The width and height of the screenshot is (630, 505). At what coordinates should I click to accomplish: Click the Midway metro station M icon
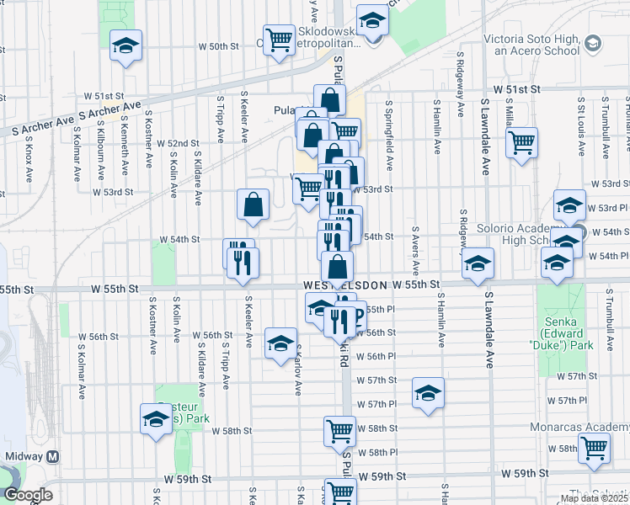(53, 455)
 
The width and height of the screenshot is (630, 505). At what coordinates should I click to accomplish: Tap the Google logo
(28, 495)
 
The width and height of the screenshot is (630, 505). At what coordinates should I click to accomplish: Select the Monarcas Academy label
(590, 427)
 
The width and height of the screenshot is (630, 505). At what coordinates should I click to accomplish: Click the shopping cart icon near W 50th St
(278, 39)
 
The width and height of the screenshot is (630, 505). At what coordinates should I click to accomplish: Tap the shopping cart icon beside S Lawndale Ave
(521, 141)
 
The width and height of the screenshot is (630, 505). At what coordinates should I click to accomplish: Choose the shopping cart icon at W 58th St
(339, 430)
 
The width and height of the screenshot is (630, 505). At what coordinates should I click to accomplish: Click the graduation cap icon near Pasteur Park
(156, 418)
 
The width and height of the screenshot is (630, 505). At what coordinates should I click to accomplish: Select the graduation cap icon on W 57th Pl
(428, 392)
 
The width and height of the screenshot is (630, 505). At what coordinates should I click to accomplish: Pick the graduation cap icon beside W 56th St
(280, 343)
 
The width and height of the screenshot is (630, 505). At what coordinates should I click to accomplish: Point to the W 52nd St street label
(178, 144)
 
